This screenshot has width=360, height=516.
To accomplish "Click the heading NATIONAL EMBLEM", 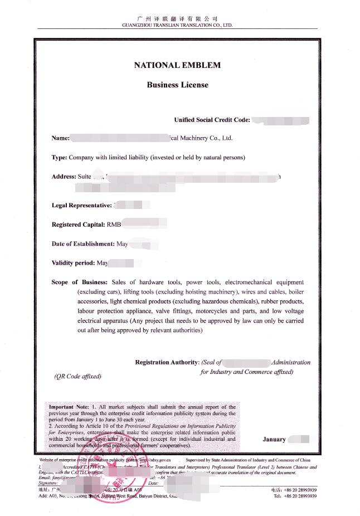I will pyautogui.click(x=177, y=65).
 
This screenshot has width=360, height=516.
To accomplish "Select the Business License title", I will pyautogui.click(x=177, y=85).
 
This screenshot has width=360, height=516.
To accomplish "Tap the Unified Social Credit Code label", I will pyautogui.click(x=212, y=120).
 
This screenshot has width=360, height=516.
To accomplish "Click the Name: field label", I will pyautogui.click(x=60, y=138).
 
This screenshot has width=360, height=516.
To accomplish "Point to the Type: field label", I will pyautogui.click(x=59, y=158).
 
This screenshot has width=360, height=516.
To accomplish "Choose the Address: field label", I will pyautogui.click(x=64, y=177).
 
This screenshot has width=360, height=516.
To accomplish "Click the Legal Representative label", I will pyautogui.click(x=81, y=206).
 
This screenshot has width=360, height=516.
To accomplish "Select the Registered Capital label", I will pyautogui.click(x=78, y=225).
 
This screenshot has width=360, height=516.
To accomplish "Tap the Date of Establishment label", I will pyautogui.click(x=82, y=244).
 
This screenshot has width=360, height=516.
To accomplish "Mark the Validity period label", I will pyautogui.click(x=74, y=262).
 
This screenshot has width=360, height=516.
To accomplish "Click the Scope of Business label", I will pyautogui.click(x=79, y=282).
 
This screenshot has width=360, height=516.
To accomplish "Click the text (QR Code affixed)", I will pyautogui.click(x=77, y=376).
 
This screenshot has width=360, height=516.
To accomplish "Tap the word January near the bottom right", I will pyautogui.click(x=274, y=439).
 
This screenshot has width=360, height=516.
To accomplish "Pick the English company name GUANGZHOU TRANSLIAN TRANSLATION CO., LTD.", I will pyautogui.click(x=177, y=25).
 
